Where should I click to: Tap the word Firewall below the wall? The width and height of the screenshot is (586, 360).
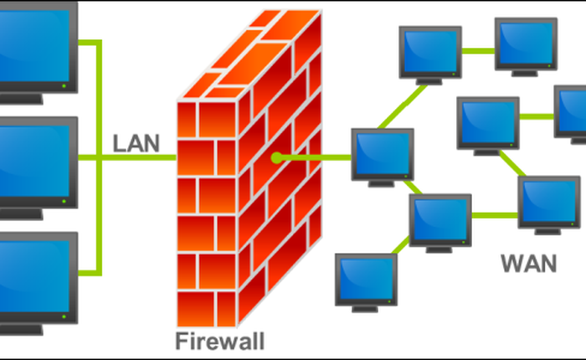pyautogui.click(x=219, y=341)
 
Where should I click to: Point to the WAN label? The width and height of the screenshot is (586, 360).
pyautogui.click(x=528, y=264)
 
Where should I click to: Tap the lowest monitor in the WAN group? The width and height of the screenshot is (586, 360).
pyautogui.click(x=367, y=279)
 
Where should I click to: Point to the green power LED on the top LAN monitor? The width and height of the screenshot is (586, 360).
pyautogui.click(x=64, y=85)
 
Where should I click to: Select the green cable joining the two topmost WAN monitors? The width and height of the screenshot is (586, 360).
pyautogui.click(x=478, y=49)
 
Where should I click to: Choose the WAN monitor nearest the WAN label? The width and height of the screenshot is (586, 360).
pyautogui.click(x=548, y=201)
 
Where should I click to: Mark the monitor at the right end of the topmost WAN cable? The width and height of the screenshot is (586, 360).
pyautogui.click(x=526, y=42)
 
